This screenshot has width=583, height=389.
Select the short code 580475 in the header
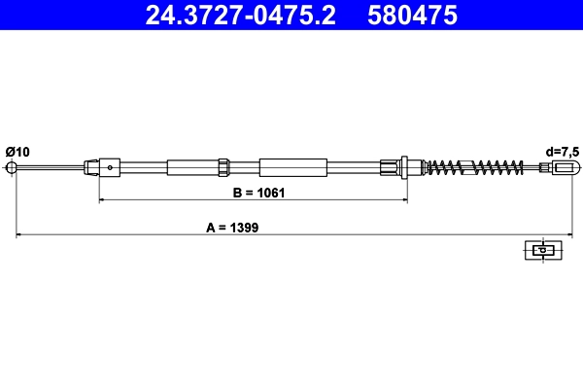[x=415, y=16]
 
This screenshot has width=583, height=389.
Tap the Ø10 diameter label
[x=17, y=151]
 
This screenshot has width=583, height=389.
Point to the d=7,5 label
[x=561, y=151]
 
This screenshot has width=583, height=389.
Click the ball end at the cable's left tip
[x=14, y=167]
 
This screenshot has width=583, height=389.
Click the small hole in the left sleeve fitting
[x=111, y=167]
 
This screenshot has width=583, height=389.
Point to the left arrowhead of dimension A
[x=18, y=234]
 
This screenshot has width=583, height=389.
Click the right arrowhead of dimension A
[x=565, y=234]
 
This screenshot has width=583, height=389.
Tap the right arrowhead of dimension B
[x=402, y=200]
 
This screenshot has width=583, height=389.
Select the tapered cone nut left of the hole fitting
[x=92, y=167]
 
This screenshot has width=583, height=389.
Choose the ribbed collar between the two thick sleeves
[x=223, y=167]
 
